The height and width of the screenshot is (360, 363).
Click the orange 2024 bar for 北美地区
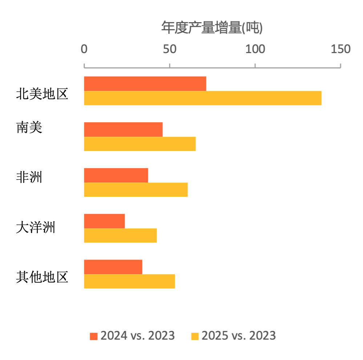click(x=145, y=84)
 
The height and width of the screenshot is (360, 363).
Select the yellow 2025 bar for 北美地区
click(x=203, y=98)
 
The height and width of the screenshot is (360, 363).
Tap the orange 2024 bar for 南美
click(x=123, y=129)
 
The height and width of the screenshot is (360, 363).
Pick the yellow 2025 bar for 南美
click(x=140, y=144)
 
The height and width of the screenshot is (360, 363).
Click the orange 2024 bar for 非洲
click(x=116, y=175)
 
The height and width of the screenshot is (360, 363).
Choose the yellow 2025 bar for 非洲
click(x=136, y=190)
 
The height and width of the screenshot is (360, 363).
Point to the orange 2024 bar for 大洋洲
click(x=104, y=221)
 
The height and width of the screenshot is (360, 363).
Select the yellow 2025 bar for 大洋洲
click(x=120, y=236)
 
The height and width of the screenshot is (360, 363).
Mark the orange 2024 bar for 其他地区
click(x=113, y=267)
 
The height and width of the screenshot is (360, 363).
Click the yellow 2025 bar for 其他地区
click(x=129, y=281)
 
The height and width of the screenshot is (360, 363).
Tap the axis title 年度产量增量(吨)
click(x=212, y=28)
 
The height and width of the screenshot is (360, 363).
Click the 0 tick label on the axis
click(x=84, y=49)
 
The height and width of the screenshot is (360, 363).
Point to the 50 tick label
click(x=169, y=49)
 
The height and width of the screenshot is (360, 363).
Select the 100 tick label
click(x=255, y=49)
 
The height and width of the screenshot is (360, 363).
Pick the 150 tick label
click(x=340, y=49)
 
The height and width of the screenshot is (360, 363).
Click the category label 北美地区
click(x=42, y=95)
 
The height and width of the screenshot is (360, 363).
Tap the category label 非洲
click(x=29, y=177)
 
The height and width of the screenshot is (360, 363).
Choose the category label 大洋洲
click(x=36, y=228)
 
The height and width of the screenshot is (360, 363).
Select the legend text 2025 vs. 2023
click(x=239, y=336)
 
